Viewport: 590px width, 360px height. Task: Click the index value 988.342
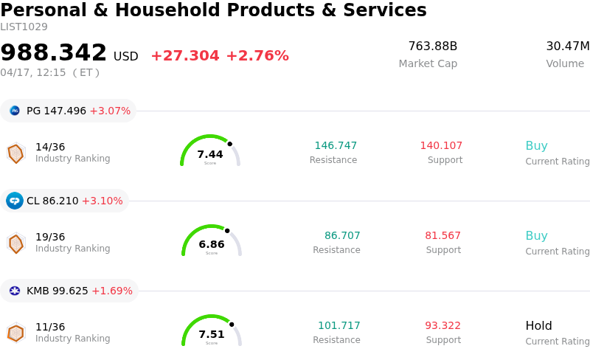(54, 53)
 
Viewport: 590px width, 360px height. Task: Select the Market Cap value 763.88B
(432, 46)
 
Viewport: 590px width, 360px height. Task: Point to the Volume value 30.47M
(567, 46)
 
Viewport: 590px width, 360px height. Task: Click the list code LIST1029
(24, 27)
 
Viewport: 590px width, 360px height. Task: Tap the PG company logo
(15, 111)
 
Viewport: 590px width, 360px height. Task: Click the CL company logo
(15, 201)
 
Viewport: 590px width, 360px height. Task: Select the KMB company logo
(15, 291)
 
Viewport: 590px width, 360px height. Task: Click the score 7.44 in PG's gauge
(210, 154)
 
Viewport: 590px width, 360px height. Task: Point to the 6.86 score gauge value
(212, 244)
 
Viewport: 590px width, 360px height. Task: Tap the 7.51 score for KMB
(212, 334)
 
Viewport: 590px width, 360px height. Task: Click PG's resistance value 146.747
(336, 145)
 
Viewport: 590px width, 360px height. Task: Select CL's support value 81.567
(442, 235)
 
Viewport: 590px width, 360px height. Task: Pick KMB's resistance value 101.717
(339, 325)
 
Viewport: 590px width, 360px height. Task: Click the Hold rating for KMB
(538, 325)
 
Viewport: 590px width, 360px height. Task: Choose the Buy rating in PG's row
(536, 145)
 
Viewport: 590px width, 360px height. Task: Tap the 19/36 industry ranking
(50, 237)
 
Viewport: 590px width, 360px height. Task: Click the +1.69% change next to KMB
(111, 291)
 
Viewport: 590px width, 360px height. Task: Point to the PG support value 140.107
(441, 145)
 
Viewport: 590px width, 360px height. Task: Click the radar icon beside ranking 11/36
(15, 333)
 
